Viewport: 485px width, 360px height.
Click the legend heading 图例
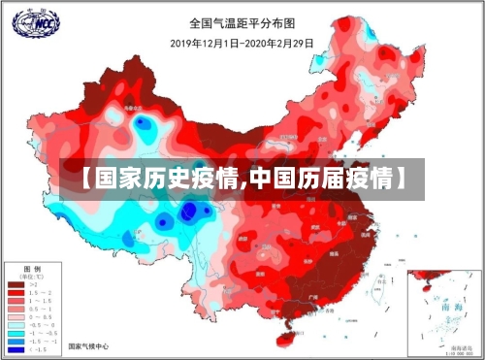pos(31,266)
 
